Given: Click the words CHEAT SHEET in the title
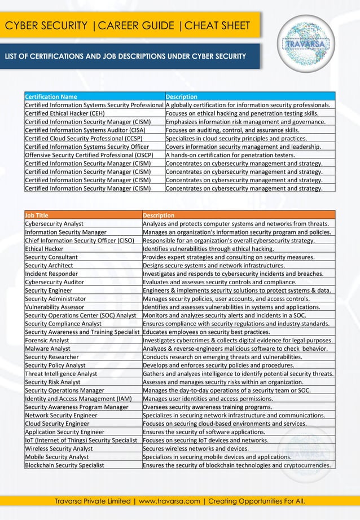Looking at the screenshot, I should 217,25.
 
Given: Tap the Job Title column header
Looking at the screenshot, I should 37,215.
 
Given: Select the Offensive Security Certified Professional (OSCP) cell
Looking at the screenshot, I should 89,155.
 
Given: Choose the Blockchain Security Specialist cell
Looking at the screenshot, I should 64,465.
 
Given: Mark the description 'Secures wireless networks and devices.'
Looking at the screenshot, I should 195,448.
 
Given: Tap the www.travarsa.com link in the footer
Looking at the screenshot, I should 169,501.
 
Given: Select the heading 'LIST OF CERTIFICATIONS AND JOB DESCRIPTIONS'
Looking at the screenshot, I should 125,56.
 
